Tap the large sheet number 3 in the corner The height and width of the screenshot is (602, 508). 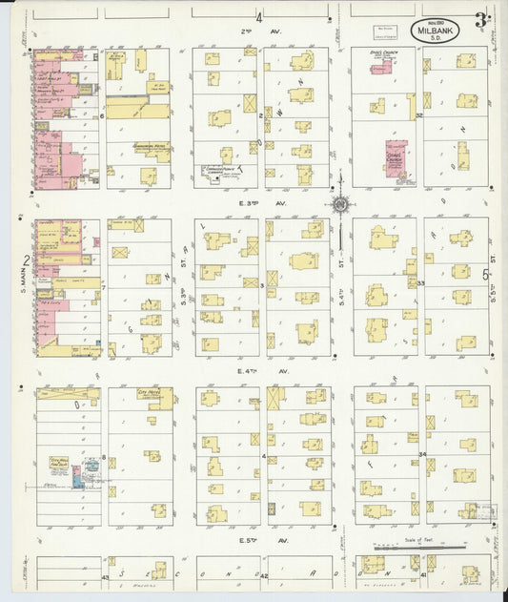point(481,20)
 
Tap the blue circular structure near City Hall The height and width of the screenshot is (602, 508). point(91,467)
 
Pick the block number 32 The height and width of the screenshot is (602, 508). point(419,114)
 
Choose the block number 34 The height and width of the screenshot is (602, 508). point(420,455)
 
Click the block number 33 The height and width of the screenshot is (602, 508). point(419,283)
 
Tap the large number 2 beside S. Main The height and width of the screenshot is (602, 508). point(27,259)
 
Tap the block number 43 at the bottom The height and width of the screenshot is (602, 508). point(106,577)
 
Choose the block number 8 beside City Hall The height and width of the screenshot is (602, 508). point(103,458)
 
